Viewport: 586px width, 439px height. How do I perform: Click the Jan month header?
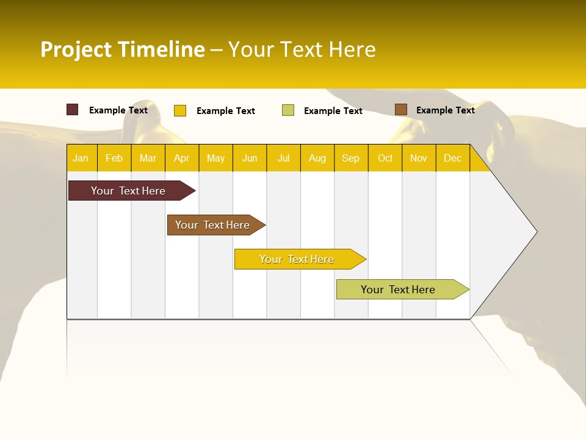point(81,158)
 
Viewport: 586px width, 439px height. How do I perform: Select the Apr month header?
point(181,158)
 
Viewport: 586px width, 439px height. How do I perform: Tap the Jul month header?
point(283,158)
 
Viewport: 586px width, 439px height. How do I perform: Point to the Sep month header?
point(350,158)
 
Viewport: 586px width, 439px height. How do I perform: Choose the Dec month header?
point(452,158)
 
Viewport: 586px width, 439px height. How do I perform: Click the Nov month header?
point(418,158)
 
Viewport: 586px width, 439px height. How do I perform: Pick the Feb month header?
point(114,158)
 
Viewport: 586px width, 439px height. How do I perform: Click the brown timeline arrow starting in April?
point(214,225)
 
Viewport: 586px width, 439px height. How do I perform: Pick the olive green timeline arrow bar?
point(400,290)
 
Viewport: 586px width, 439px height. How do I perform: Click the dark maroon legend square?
point(72,110)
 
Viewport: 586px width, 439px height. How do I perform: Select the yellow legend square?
point(180,110)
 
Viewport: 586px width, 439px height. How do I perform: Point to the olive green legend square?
point(288,110)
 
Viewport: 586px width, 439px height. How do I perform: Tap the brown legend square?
point(400,110)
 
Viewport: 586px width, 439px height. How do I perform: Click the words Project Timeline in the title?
point(122,49)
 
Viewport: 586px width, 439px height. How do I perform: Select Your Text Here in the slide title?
point(302,49)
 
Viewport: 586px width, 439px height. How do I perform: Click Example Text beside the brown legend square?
point(445,110)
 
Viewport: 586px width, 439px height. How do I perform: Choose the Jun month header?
point(250,158)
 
